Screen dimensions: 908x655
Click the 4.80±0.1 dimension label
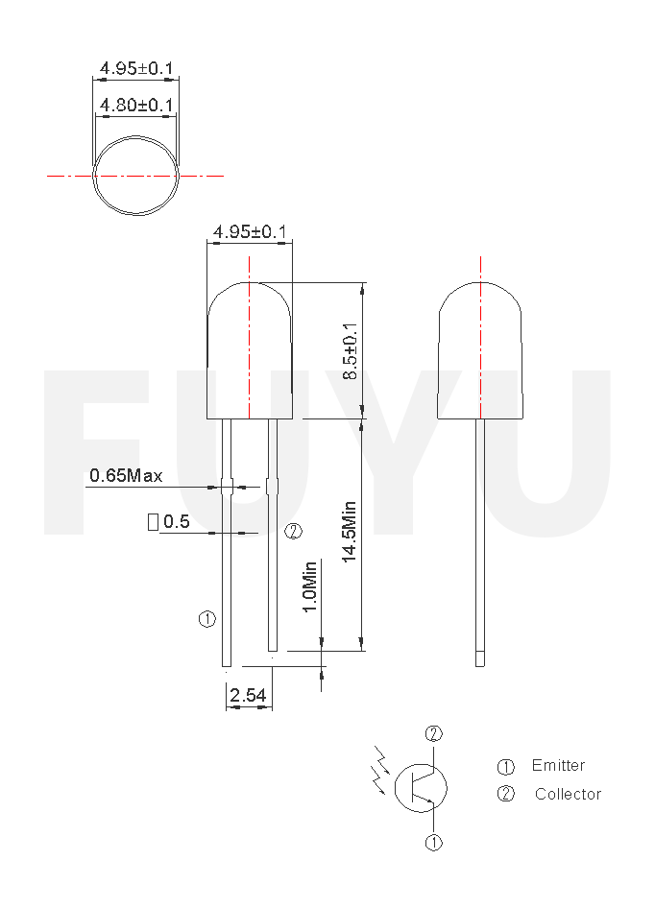[x=135, y=105]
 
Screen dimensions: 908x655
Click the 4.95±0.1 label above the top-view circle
[x=135, y=69]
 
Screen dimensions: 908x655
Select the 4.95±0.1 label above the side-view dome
[x=251, y=232]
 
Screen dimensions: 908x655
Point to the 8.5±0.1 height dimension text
[x=351, y=350]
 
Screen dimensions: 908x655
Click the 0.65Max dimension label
[x=126, y=475]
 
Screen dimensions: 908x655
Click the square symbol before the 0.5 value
[x=153, y=522]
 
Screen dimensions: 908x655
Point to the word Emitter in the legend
[x=558, y=766]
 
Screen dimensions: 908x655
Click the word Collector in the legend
[x=567, y=794]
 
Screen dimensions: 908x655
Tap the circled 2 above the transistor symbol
[x=434, y=734]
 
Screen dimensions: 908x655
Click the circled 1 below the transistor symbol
[x=434, y=843]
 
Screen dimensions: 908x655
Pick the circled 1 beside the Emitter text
[x=506, y=767]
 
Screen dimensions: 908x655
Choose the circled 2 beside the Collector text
[x=506, y=794]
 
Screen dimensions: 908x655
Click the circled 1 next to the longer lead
[x=207, y=619]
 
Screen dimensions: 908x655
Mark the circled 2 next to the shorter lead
[x=294, y=531]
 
